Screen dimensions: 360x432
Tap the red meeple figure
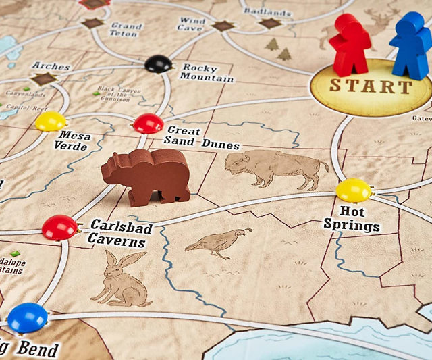tap(350, 45)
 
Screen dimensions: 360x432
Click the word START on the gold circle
tap(371, 86)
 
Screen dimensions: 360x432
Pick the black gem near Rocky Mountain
tap(158, 64)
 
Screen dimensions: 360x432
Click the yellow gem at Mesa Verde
tap(51, 122)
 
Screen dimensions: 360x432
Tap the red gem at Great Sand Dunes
tap(148, 124)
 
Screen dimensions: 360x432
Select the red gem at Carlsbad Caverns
tap(59, 228)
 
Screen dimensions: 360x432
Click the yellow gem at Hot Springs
tap(354, 190)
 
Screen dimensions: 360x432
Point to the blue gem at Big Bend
tap(28, 317)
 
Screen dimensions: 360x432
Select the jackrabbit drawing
tap(122, 278)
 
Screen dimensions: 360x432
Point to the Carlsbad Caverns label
tap(120, 234)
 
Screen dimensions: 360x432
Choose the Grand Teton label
tap(126, 30)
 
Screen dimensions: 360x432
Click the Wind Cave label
tap(192, 24)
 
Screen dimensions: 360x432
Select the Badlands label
tap(267, 11)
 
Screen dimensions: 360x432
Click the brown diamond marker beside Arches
tap(45, 79)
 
